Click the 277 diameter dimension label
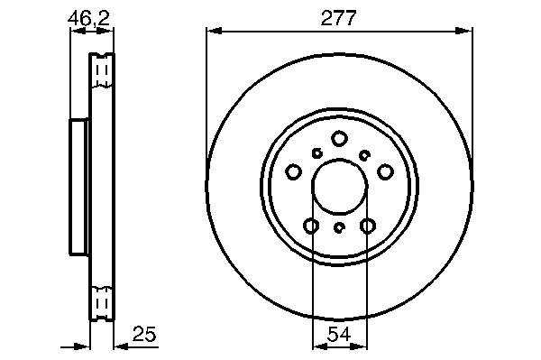pyautogui.click(x=338, y=18)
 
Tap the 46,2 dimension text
pyautogui.click(x=88, y=18)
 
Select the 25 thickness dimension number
pyautogui.click(x=144, y=334)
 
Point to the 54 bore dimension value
pyautogui.click(x=339, y=334)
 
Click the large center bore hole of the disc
pyautogui.click(x=340, y=187)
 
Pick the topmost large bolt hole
pyautogui.click(x=339, y=138)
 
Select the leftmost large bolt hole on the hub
pyautogui.click(x=294, y=171)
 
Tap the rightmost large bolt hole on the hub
pyautogui.click(x=385, y=171)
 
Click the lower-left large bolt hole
pyautogui.click(x=311, y=226)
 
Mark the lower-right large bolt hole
pyautogui.click(x=368, y=226)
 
